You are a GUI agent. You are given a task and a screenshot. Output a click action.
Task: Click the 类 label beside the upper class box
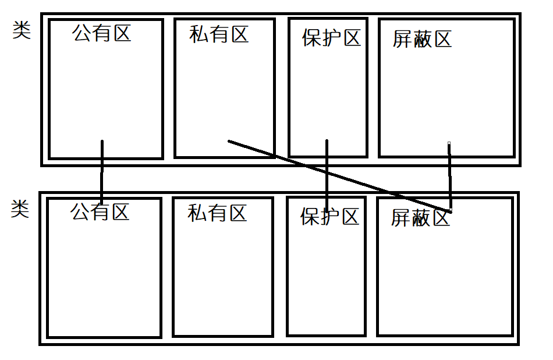(22, 31)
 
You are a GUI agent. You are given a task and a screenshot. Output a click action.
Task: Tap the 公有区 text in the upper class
(102, 33)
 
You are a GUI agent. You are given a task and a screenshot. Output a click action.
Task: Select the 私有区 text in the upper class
(219, 34)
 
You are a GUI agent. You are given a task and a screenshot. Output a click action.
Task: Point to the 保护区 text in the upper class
(331, 38)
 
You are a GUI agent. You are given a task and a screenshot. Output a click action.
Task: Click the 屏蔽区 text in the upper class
(422, 40)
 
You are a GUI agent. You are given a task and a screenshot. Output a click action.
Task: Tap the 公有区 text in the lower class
(100, 211)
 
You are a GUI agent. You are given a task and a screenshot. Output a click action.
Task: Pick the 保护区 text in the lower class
(329, 217)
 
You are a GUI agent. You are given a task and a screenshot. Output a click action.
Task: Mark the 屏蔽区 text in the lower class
(420, 218)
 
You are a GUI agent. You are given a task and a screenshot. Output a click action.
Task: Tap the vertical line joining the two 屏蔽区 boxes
(450, 175)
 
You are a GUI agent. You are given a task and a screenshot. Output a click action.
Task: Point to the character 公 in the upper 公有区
(82, 33)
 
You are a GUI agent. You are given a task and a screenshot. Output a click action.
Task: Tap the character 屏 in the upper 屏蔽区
(402, 40)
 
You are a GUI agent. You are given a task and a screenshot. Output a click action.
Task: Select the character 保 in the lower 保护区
(310, 217)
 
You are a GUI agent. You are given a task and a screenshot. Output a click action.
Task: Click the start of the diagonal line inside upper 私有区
(229, 141)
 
